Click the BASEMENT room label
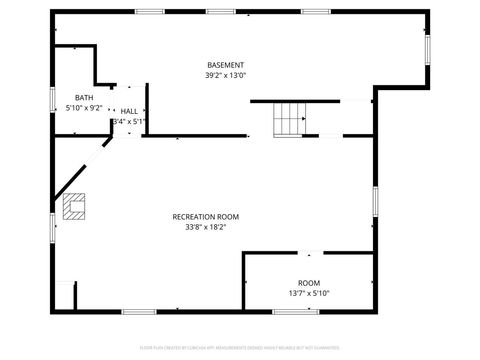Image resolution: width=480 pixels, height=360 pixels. click(x=225, y=65)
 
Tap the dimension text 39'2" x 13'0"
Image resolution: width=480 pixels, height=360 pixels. click(x=225, y=75)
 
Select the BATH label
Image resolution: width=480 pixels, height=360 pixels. click(x=83, y=97)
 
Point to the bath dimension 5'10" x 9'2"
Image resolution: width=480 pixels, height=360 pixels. click(x=84, y=107)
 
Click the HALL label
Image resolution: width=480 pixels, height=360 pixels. click(x=130, y=111)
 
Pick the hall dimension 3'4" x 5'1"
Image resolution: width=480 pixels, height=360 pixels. click(x=130, y=121)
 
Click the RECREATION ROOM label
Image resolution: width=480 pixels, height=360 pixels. click(x=205, y=217)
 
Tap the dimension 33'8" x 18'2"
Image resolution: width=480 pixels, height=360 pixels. click(x=205, y=227)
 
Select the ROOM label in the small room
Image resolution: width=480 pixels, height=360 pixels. click(x=309, y=283)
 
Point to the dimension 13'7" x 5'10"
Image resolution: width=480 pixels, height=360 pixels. click(x=309, y=293)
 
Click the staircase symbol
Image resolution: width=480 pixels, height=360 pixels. click(x=290, y=119)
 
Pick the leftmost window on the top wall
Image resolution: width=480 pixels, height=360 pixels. click(x=150, y=12)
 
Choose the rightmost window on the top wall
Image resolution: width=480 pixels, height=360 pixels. click(x=316, y=12)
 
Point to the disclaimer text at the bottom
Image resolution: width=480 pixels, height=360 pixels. click(x=239, y=347)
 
